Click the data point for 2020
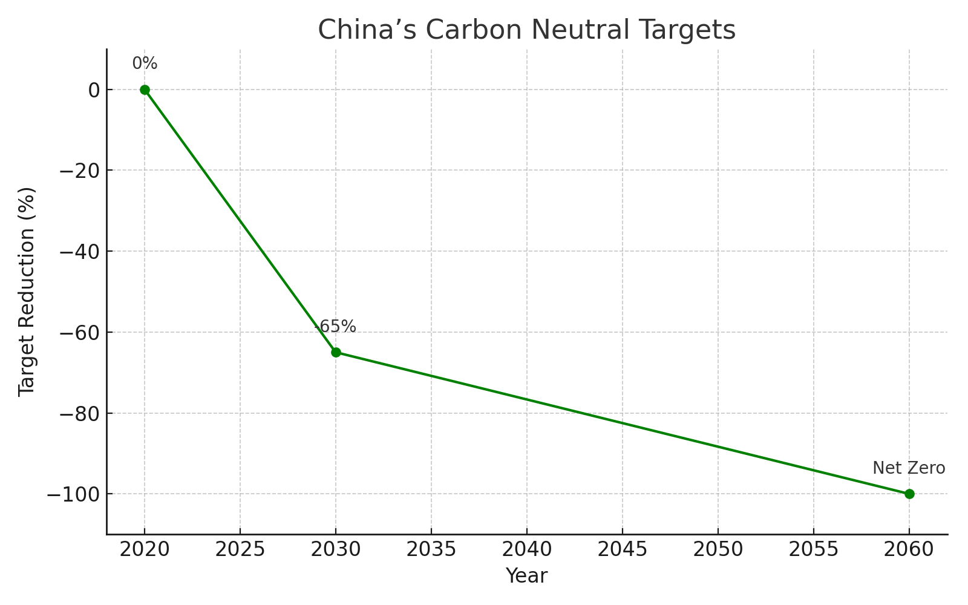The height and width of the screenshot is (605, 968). click(x=145, y=90)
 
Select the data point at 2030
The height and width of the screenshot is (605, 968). click(x=336, y=352)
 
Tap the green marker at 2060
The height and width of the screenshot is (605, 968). click(x=909, y=494)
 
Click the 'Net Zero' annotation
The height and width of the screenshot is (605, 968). click(x=909, y=468)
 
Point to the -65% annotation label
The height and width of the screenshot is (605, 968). click(x=336, y=327)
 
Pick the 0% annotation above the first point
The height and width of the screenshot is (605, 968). click(x=145, y=64)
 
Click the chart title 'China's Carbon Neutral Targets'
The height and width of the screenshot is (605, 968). click(x=526, y=30)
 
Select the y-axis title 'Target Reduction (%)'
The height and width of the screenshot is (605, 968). click(x=27, y=292)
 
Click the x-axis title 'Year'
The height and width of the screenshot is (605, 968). click(x=526, y=576)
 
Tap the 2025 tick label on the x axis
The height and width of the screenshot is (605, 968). click(x=240, y=549)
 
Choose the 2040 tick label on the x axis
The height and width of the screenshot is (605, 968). click(x=526, y=549)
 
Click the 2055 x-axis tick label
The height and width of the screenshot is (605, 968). click(x=814, y=549)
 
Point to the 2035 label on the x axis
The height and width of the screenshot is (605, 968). click(x=431, y=549)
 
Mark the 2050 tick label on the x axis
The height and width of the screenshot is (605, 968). click(x=718, y=549)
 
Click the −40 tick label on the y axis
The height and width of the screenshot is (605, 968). click(x=79, y=251)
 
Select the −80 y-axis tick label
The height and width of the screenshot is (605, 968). click(x=79, y=413)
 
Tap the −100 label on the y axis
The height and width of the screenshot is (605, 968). click(x=74, y=494)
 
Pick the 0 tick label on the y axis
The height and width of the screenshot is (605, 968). click(x=94, y=90)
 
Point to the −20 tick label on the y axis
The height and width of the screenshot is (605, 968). click(x=79, y=170)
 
